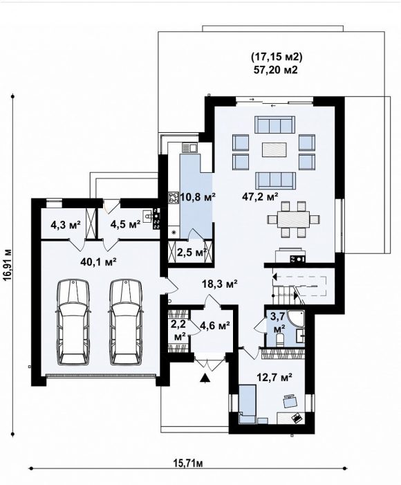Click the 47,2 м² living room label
click(x=260, y=196)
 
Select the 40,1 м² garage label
click(x=98, y=262)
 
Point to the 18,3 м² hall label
click(x=219, y=283)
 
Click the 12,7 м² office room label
click(x=274, y=377)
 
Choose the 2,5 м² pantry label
click(x=192, y=253)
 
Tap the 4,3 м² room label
click(x=65, y=223)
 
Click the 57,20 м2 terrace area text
click(x=276, y=70)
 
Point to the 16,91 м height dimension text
click(x=8, y=264)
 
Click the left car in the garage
click(x=73, y=322)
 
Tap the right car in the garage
click(x=126, y=322)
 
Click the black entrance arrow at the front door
click(x=204, y=378)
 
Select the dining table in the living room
click(x=293, y=219)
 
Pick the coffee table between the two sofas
click(x=274, y=149)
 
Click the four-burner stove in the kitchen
click(x=174, y=198)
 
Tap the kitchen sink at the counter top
click(x=189, y=147)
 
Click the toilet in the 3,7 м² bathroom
click(x=280, y=339)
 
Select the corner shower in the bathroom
click(x=296, y=319)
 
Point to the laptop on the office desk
click(x=297, y=418)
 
